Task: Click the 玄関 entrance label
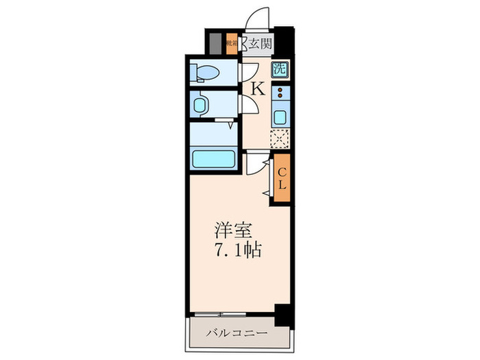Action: pyautogui.click(x=259, y=45)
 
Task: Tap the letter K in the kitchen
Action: pyautogui.click(x=258, y=88)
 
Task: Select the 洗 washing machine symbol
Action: pyautogui.click(x=280, y=69)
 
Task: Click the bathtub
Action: pyautogui.click(x=213, y=159)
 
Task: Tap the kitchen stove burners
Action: pyautogui.click(x=280, y=94)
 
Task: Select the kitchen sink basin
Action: pyautogui.click(x=280, y=116)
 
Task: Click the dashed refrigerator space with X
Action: pyautogui.click(x=280, y=139)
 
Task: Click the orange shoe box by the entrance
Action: pyautogui.click(x=232, y=43)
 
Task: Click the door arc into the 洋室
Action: pyautogui.click(x=256, y=164)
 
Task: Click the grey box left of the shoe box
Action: pyautogui.click(x=217, y=43)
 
